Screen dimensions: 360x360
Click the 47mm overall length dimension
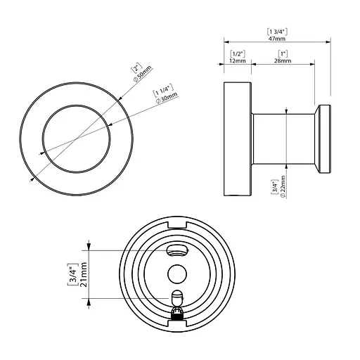(x=277, y=39)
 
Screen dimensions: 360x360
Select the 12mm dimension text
(x=238, y=61)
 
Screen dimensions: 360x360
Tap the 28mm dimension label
(x=283, y=61)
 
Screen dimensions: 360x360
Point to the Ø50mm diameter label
(x=143, y=74)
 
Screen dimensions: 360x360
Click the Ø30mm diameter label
(x=167, y=98)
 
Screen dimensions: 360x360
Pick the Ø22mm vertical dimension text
(x=283, y=187)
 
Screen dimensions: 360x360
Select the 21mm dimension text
(x=84, y=274)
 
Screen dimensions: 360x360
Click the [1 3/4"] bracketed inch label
(x=277, y=32)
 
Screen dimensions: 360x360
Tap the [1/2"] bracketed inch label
(x=238, y=54)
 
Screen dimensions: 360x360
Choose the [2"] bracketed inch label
(x=136, y=68)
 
